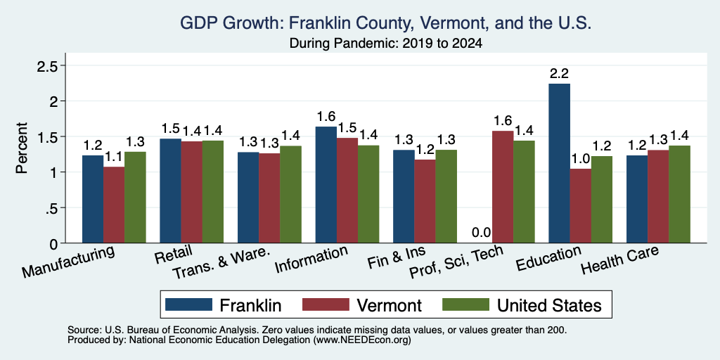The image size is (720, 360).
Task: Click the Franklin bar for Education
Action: pyautogui.click(x=559, y=163)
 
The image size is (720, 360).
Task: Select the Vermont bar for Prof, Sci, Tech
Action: pyautogui.click(x=503, y=187)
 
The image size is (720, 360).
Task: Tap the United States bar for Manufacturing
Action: pyautogui.click(x=135, y=198)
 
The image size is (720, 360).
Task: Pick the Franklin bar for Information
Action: pyautogui.click(x=326, y=185)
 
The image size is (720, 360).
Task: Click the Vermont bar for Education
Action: pyautogui.click(x=580, y=206)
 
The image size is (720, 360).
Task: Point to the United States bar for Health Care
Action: pyautogui.click(x=680, y=194)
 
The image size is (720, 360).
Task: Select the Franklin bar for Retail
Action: pyautogui.click(x=170, y=191)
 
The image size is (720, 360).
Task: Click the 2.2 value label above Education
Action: pyautogui.click(x=559, y=73)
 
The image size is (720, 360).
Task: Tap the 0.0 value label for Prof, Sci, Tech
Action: pyautogui.click(x=482, y=233)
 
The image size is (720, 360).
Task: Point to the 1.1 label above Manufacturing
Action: pyautogui.click(x=114, y=157)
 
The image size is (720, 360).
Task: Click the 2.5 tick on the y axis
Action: pyautogui.click(x=47, y=66)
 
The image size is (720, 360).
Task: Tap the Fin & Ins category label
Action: pyautogui.click(x=397, y=257)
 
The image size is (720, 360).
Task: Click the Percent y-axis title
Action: pyautogui.click(x=22, y=148)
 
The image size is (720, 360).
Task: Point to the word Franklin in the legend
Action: pyautogui.click(x=250, y=305)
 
